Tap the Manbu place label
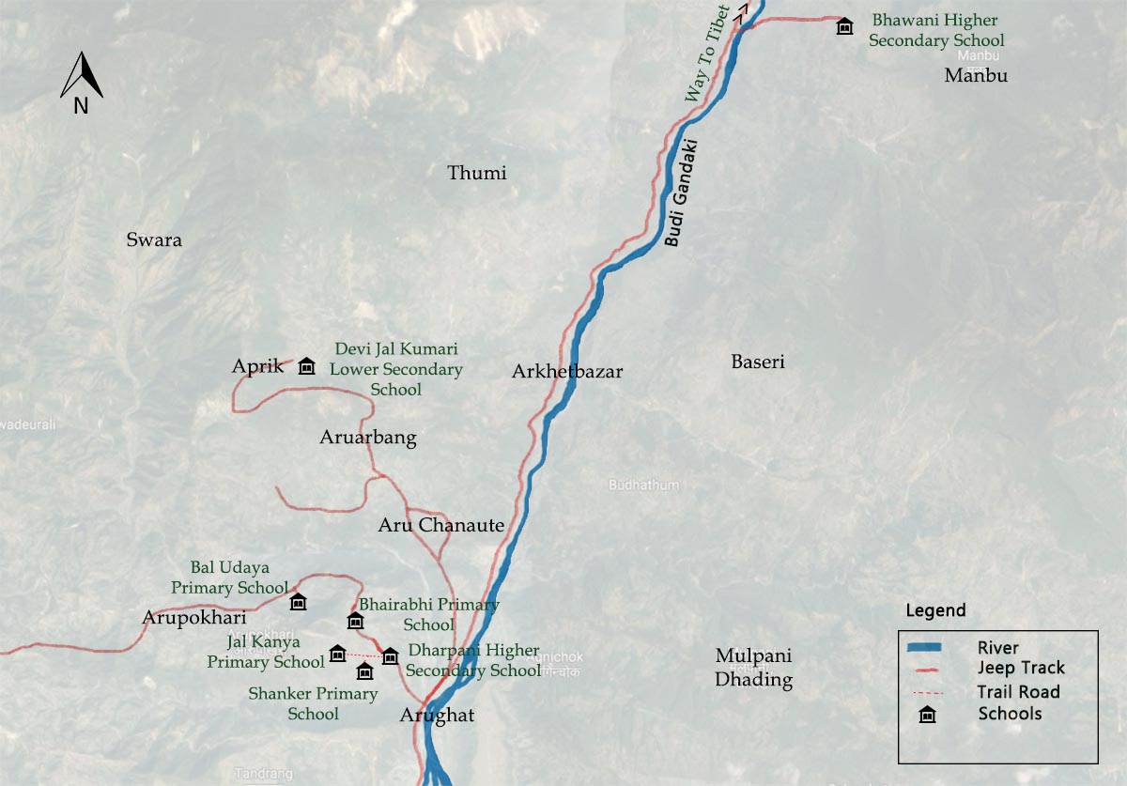[x=976, y=75]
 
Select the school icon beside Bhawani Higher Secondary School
[x=844, y=26]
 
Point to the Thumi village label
[x=477, y=173]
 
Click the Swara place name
[x=154, y=239]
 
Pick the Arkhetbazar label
[x=567, y=371]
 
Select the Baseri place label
[x=758, y=362]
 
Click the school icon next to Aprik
[x=306, y=366]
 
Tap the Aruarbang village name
[x=368, y=438]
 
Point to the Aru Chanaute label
[x=441, y=525]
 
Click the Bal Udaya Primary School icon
[x=298, y=602]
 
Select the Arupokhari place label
[x=194, y=618]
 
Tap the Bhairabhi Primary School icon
[x=355, y=621]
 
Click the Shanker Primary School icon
[x=364, y=671]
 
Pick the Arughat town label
[x=438, y=716]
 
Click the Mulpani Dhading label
[x=754, y=667]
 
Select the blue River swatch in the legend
[x=937, y=647]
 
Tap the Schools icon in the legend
[x=928, y=715]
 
